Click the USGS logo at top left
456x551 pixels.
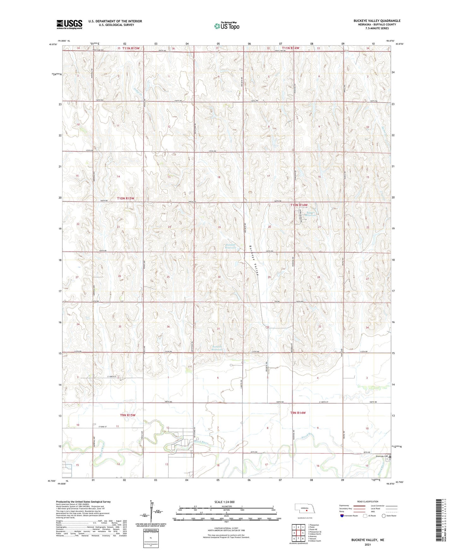click(69, 24)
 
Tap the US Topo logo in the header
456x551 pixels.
click(226, 26)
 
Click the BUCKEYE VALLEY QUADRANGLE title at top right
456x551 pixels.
click(377, 21)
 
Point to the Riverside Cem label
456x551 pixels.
click(382, 456)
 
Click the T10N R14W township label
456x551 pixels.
click(299, 205)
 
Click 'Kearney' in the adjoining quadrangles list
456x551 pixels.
click(312, 536)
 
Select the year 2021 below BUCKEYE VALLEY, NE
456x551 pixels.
click(367, 545)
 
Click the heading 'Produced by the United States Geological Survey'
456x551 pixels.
click(83, 501)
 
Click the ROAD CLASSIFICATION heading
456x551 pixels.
click(368, 501)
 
